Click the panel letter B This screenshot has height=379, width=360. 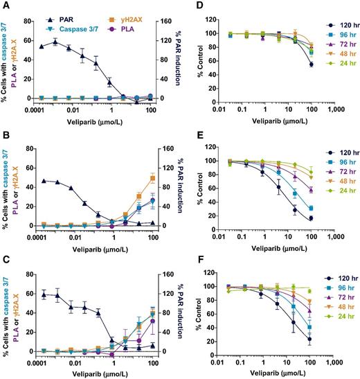click(5, 134)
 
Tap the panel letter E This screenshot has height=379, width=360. click(193, 134)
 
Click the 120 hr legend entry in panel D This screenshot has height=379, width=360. click(339, 25)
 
